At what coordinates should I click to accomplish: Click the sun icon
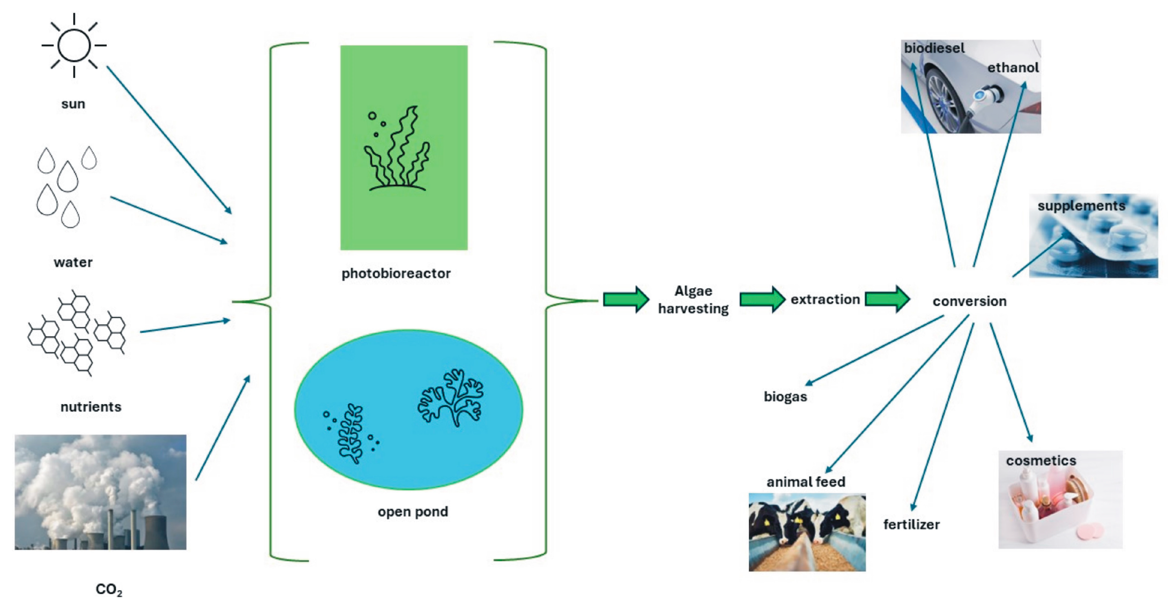coord(74,45)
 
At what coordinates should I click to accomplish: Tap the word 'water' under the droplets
coord(73,262)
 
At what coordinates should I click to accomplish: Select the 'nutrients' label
coord(91,406)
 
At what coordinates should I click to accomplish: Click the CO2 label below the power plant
coord(109,589)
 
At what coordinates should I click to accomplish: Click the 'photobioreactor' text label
coord(396,273)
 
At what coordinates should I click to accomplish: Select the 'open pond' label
coord(413,512)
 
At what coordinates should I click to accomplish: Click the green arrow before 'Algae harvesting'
coord(626,299)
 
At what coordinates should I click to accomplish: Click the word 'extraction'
coord(825,299)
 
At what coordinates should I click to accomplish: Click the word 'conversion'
coord(969,301)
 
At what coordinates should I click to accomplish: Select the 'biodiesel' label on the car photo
coord(934,48)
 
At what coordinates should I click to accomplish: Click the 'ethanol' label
coord(1013,67)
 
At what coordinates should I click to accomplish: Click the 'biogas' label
coord(785,397)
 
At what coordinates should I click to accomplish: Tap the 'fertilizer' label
coord(911,524)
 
